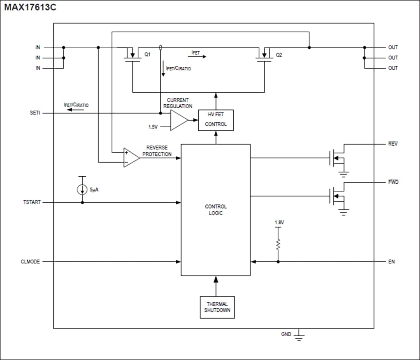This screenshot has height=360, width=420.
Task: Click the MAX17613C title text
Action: tap(30, 7)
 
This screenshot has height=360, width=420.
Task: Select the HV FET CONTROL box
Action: tap(216, 120)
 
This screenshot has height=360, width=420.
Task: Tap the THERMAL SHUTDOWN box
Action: tap(217, 307)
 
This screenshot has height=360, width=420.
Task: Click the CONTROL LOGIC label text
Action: tap(216, 210)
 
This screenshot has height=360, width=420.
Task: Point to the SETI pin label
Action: tap(35, 113)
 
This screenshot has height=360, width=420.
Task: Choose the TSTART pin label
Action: tap(32, 202)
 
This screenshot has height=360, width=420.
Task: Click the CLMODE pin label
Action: tap(30, 262)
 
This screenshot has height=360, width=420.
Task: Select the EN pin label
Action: tap(391, 262)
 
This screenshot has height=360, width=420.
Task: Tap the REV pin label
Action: tap(393, 144)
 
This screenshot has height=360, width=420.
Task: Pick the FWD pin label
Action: tap(393, 182)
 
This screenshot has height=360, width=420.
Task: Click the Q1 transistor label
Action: tap(147, 55)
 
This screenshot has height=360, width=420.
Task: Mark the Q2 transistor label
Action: tap(279, 55)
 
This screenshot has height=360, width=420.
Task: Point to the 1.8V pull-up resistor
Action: tap(278, 244)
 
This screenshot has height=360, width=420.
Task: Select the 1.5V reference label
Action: tap(153, 127)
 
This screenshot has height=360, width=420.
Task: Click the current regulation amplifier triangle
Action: tap(178, 120)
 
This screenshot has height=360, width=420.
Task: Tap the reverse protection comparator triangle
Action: tap(131, 158)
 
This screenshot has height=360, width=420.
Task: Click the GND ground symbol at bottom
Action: tap(299, 335)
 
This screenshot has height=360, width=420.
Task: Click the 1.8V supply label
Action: tap(279, 222)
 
